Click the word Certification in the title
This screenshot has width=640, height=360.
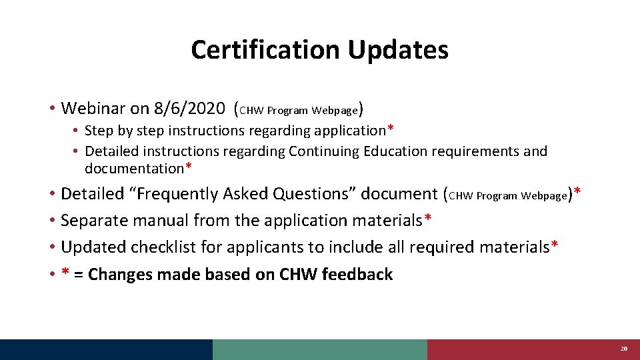264,50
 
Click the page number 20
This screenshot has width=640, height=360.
624,349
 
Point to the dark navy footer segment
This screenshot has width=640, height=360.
107,349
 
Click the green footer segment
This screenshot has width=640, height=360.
320,349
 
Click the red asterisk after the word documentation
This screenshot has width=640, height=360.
189,167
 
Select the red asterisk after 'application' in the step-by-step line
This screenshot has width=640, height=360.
391,129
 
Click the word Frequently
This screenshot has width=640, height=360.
169,194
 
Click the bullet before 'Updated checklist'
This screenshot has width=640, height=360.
51,247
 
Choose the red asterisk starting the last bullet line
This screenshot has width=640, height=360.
65,273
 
